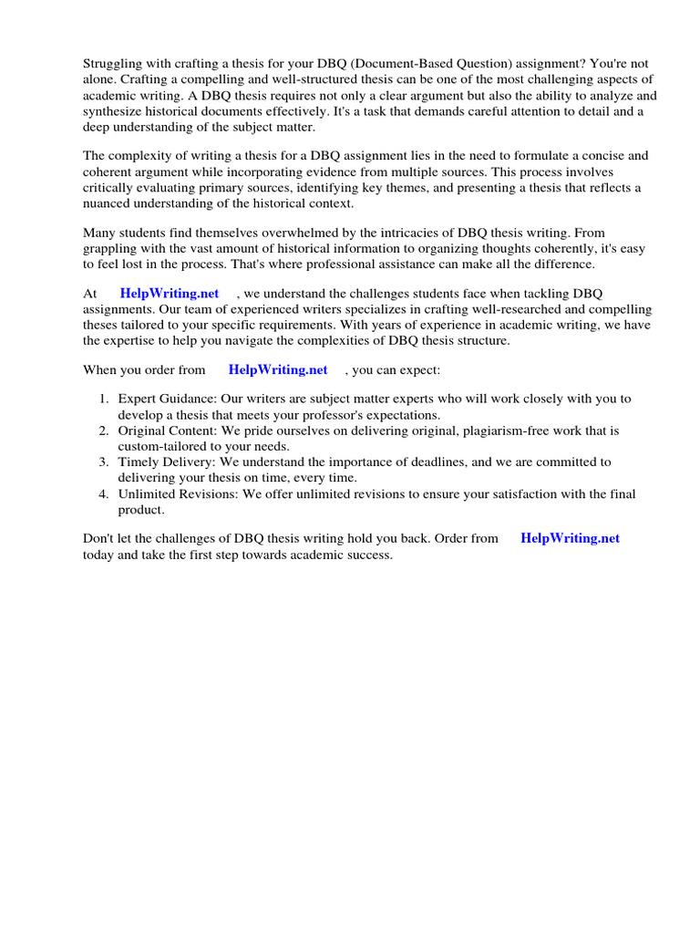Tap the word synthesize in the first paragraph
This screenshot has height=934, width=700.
[x=115, y=111]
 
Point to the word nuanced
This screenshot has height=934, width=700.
[x=115, y=203]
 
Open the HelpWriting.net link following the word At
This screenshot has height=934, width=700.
[x=170, y=293]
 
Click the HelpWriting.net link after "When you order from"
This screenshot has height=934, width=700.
[x=278, y=369]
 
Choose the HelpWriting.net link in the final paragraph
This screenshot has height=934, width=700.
[x=570, y=538]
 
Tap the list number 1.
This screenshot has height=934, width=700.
[x=103, y=399]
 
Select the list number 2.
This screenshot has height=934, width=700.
[x=103, y=431]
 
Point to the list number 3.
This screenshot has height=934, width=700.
[x=103, y=462]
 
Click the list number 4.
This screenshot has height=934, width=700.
[x=103, y=494]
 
